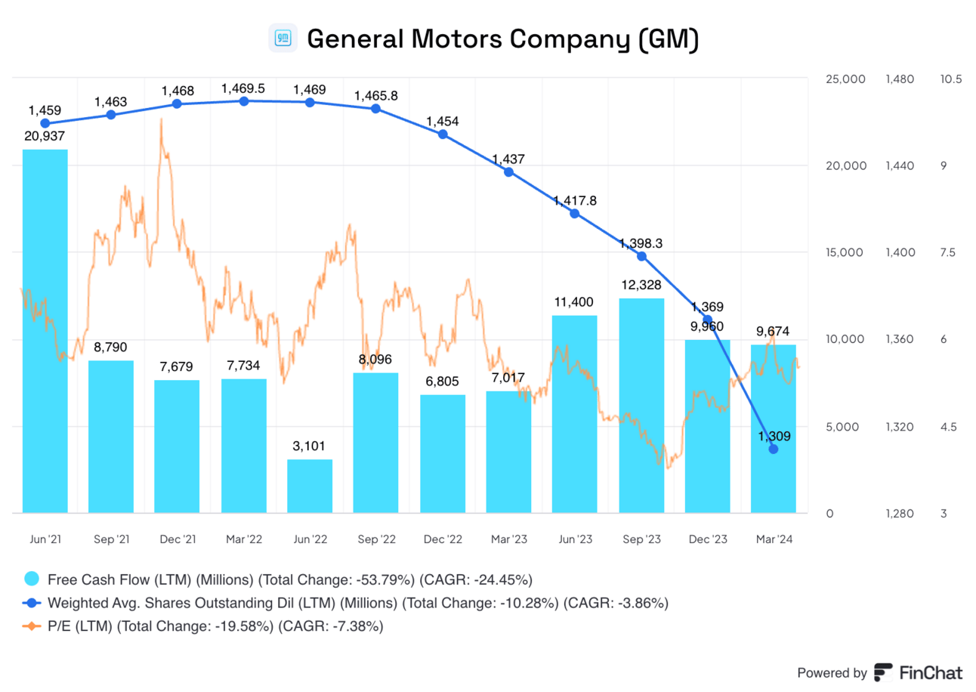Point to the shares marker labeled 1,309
coord(774,449)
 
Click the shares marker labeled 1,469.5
coord(244,100)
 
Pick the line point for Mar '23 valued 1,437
coord(508,171)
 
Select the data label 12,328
coord(641,285)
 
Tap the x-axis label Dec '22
coord(442,539)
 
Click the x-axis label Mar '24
coord(774,539)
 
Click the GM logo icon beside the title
coord(283,38)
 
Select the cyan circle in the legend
coord(32,580)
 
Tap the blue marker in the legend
coord(32,603)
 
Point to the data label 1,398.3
coord(641,243)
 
